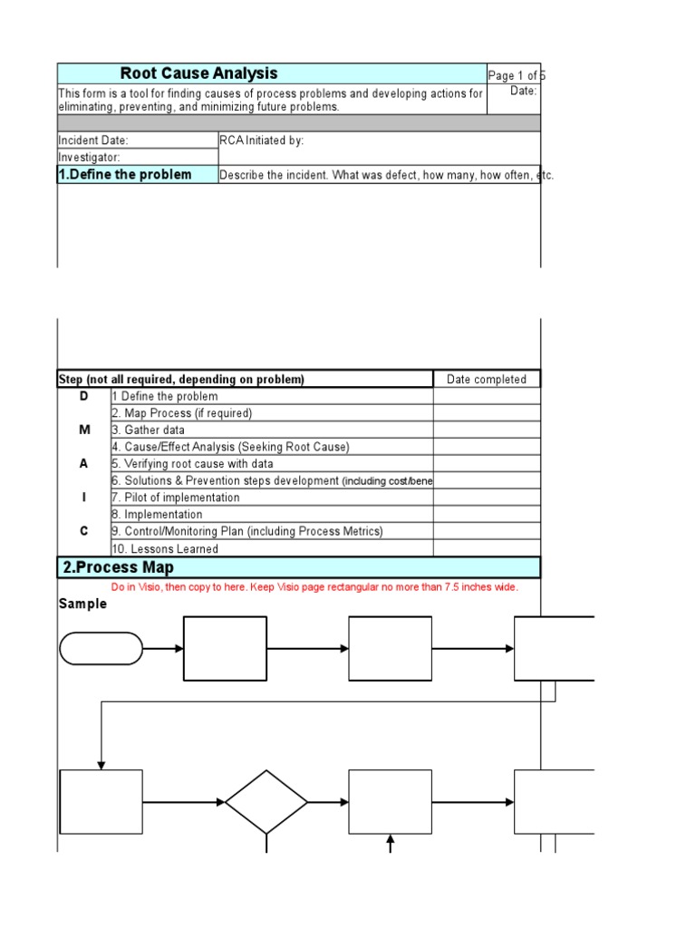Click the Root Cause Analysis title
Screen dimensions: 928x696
coord(198,74)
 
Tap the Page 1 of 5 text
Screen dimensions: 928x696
coord(516,76)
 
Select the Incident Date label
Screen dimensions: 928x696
coord(93,140)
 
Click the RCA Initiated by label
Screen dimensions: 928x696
coord(262,140)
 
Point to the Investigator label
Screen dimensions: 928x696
coord(90,158)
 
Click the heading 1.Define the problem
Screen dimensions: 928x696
coord(125,175)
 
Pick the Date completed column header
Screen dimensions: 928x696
coord(486,380)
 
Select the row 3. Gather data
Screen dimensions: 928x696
coord(149,430)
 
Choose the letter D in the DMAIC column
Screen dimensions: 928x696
coord(84,396)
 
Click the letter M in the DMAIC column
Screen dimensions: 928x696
coord(84,430)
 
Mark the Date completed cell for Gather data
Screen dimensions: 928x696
coord(486,430)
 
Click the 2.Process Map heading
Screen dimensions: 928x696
coord(118,568)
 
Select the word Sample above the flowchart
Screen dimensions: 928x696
coord(82,604)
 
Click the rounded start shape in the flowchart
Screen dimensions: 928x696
coord(101,649)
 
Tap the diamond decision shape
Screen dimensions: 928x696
coord(266,802)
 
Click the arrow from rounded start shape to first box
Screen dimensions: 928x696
coord(163,649)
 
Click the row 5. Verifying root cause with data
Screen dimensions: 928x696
coord(192,464)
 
